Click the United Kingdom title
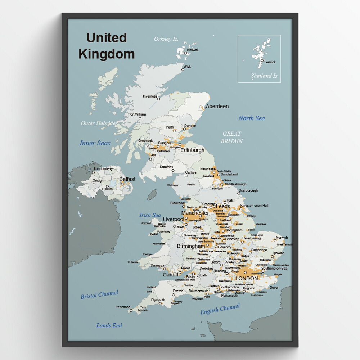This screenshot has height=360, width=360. (x=106, y=46)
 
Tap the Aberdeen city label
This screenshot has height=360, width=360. (x=217, y=107)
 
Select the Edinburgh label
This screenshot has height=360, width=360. (x=192, y=150)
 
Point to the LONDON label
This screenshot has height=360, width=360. (x=247, y=278)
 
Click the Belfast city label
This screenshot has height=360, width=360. (x=127, y=179)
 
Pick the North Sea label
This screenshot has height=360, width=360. (x=251, y=118)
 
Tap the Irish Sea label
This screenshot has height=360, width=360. (x=150, y=215)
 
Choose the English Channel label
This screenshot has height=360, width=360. (x=220, y=309)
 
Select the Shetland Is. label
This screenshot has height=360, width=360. (x=265, y=76)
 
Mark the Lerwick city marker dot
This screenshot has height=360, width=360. (x=262, y=60)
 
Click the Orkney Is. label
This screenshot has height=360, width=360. (x=166, y=39)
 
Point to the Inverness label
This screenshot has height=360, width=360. (x=150, y=96)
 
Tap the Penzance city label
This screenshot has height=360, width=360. (x=123, y=307)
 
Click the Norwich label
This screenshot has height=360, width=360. (x=282, y=238)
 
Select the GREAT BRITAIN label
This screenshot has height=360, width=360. (x=231, y=137)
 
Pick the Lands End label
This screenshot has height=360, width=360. (x=109, y=325)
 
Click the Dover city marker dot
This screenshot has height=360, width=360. (x=275, y=283)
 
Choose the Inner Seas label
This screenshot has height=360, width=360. (x=95, y=143)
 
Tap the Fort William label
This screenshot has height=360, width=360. (x=137, y=114)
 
